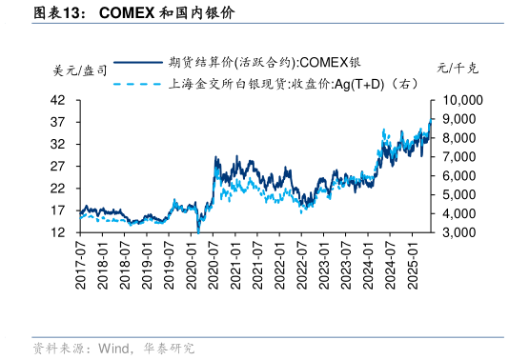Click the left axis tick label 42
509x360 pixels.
[57, 100]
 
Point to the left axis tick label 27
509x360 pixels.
[57, 166]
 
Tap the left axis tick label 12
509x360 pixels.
[57, 231]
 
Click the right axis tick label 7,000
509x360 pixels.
[462, 156]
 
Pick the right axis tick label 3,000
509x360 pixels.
[462, 231]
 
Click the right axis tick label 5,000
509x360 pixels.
[462, 194]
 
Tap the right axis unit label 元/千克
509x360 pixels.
[458, 70]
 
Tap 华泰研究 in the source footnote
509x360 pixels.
[170, 349]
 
